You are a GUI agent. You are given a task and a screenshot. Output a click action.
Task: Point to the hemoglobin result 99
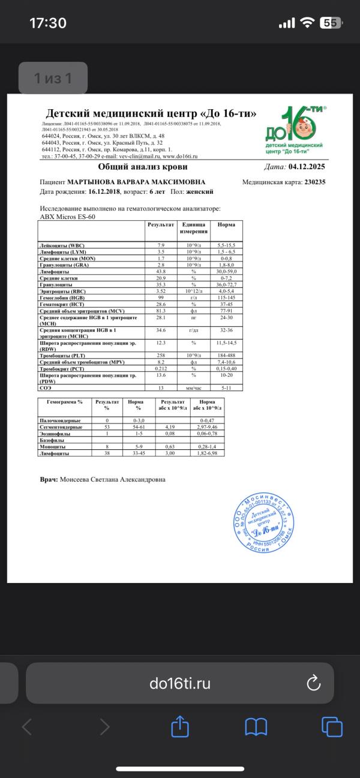[161, 297]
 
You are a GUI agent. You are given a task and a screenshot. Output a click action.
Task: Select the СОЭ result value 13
[161, 388]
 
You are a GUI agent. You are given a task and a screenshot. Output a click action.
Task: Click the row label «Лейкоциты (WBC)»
[62, 246]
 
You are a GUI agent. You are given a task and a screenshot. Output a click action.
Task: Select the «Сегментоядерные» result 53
[107, 426]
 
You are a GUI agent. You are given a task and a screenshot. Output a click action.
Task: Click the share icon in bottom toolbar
[180, 728]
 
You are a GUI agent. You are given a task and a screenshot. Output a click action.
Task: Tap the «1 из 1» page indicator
[53, 78]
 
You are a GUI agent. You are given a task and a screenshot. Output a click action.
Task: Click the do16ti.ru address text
[179, 683]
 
